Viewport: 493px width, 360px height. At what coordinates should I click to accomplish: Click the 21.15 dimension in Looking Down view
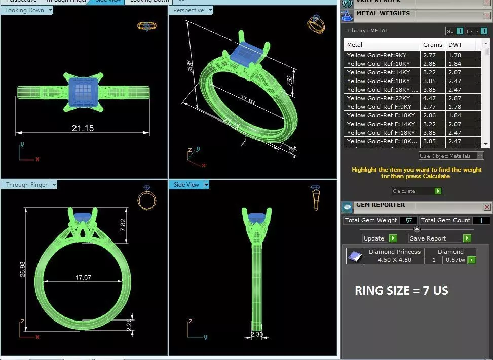[x=83, y=128]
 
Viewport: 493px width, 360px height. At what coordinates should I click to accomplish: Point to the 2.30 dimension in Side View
[x=257, y=335]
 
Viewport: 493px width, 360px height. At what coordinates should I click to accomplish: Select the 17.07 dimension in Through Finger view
[x=83, y=277]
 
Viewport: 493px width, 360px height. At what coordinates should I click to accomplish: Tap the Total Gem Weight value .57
[x=408, y=220]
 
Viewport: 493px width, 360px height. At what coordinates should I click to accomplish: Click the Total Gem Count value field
[x=481, y=220]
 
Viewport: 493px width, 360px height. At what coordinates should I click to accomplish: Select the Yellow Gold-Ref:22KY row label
[x=378, y=98]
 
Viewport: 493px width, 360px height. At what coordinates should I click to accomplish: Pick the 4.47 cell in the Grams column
[x=429, y=98]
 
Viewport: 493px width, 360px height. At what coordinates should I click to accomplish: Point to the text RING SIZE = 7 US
[x=401, y=291]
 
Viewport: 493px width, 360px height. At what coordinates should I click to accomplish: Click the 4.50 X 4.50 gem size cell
[x=394, y=260]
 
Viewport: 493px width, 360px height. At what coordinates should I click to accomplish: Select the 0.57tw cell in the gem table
[x=454, y=260]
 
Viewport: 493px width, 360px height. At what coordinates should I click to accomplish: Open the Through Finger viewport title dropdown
[x=54, y=185]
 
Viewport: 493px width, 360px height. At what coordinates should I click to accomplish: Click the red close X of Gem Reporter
[x=487, y=207]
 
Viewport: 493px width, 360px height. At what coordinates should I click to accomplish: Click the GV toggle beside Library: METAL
[x=454, y=31]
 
